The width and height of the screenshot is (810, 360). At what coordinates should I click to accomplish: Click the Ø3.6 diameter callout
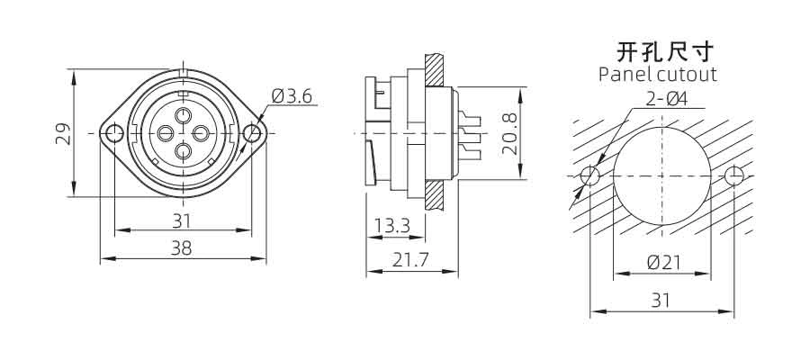[292, 96]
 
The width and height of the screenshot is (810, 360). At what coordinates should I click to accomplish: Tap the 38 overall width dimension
[182, 248]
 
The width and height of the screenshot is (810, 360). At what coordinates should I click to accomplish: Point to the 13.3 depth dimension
[392, 226]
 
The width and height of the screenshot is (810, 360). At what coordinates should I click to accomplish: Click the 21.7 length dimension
[409, 261]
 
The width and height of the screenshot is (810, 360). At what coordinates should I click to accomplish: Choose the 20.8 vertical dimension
[510, 133]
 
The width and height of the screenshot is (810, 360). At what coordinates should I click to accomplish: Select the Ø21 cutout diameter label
[664, 263]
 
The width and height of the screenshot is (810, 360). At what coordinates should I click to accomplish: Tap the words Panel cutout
[658, 75]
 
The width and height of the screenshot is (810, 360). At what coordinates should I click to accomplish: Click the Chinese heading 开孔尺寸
[665, 52]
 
